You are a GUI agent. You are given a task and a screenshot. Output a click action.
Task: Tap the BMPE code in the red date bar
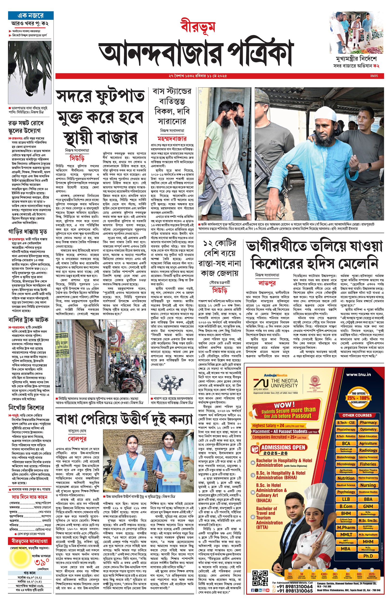[x=374, y=76]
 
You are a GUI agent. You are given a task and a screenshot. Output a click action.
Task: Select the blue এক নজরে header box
[x=31, y=15]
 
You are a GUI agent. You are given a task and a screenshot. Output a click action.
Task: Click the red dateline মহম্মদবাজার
[x=172, y=139]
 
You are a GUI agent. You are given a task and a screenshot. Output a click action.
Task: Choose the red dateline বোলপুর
[x=77, y=439]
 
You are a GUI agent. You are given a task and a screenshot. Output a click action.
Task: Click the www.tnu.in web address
[x=358, y=374]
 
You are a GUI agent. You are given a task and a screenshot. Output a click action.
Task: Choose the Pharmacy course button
[x=368, y=422]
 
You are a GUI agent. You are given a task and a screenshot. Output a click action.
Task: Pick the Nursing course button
[x=368, y=485]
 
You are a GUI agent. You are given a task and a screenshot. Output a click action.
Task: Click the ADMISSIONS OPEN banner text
[x=283, y=448]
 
